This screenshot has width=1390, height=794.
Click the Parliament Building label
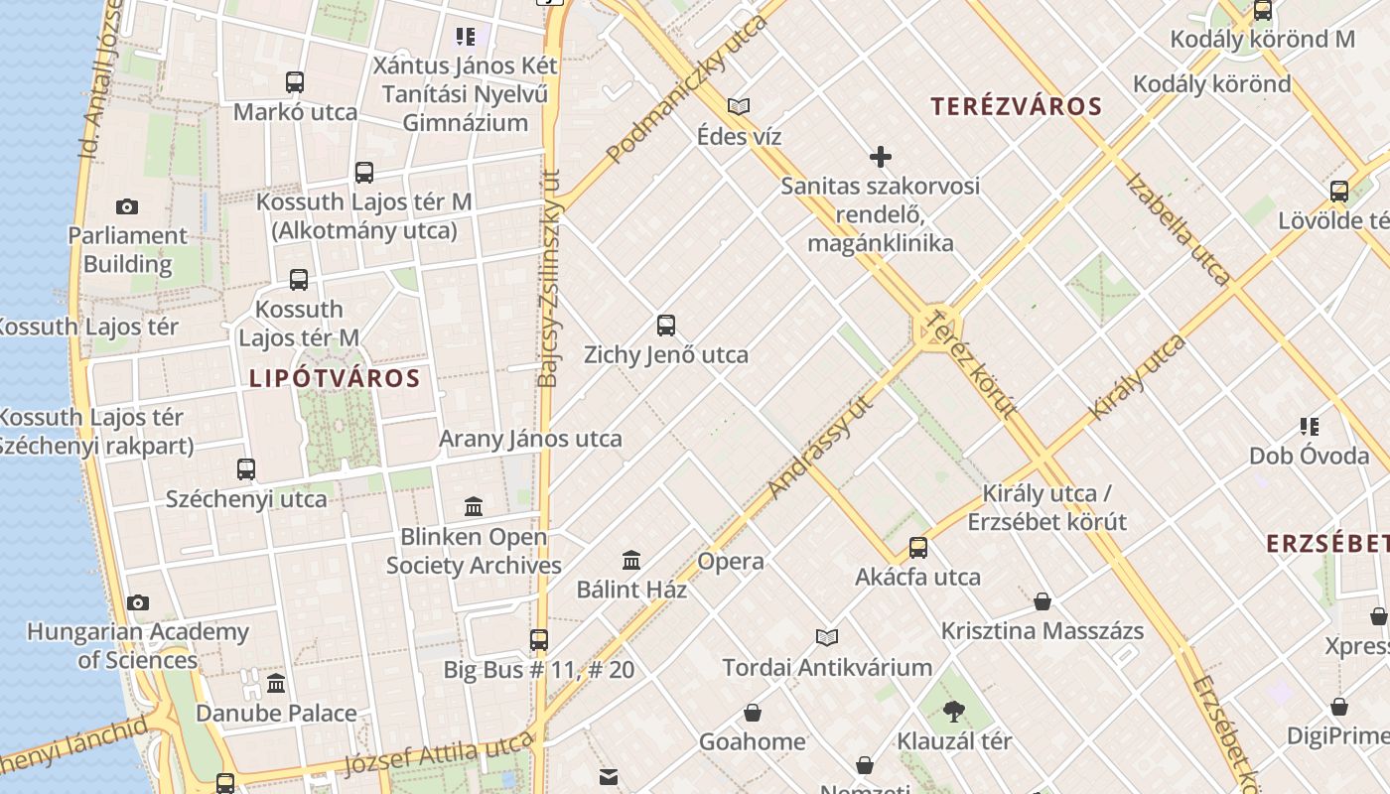(127, 250)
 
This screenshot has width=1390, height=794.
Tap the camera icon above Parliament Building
(127, 206)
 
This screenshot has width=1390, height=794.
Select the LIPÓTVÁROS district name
(335, 378)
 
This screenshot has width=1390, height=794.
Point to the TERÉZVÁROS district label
(1017, 106)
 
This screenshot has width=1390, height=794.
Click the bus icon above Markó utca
(295, 82)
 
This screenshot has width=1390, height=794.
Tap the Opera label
(731, 561)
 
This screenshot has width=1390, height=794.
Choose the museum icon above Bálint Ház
(631, 561)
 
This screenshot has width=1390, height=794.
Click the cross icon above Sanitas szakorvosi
(880, 157)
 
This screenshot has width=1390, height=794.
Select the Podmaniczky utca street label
(687, 89)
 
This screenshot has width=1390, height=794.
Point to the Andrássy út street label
(820, 448)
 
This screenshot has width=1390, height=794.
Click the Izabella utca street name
(1179, 229)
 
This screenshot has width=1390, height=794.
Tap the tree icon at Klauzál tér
(954, 711)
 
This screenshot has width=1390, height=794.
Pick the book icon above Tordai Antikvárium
(827, 637)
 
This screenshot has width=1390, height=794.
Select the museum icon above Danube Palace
(276, 684)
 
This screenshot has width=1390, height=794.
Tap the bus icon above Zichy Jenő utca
(666, 326)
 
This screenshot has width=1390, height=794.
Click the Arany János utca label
(530, 439)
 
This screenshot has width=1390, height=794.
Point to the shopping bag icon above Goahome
(753, 713)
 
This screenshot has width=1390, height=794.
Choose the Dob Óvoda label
(1309, 456)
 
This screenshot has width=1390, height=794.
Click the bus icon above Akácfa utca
(918, 548)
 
